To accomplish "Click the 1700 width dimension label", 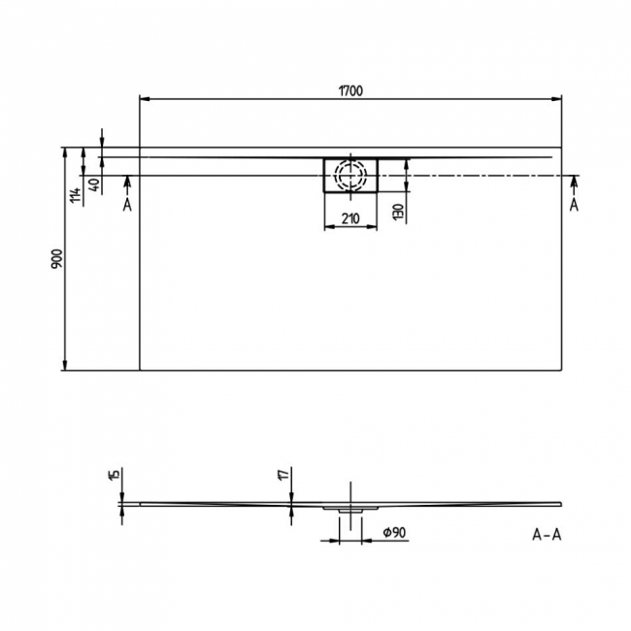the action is (350, 91).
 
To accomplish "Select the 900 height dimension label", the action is (57, 259).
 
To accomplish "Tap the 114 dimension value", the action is (76, 195).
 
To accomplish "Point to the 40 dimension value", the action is (94, 185).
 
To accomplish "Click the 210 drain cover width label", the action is (350, 219).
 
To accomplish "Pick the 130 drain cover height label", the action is (398, 212).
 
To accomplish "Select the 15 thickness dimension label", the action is (115, 474).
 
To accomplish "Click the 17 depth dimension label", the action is (284, 474).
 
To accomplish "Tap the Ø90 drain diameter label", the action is (394, 532).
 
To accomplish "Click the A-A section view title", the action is (547, 535).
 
